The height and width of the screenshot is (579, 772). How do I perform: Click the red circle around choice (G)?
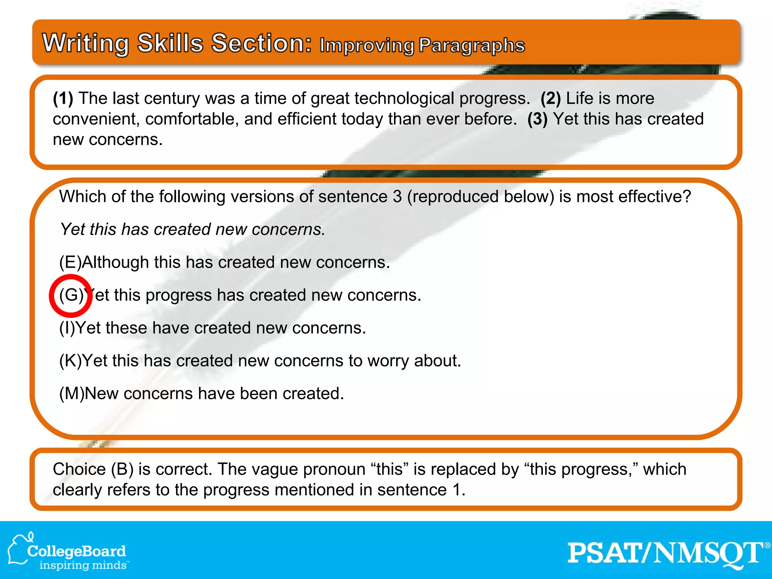pyautogui.click(x=70, y=296)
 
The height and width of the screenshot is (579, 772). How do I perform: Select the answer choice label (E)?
pyautogui.click(x=70, y=262)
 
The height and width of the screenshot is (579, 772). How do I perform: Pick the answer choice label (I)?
pyautogui.click(x=67, y=328)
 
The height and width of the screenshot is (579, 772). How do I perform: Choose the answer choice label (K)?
pyautogui.click(x=70, y=361)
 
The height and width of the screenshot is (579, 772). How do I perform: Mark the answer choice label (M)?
pyautogui.click(x=71, y=394)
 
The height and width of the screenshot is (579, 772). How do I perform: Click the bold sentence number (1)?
pyautogui.click(x=63, y=98)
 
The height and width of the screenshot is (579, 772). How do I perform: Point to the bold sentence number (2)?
pyautogui.click(x=551, y=98)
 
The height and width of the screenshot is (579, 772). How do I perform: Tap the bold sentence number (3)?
pyautogui.click(x=537, y=119)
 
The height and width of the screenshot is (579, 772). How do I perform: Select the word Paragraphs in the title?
pyautogui.click(x=472, y=46)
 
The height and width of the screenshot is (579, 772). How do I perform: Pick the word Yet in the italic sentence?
pyautogui.click(x=72, y=230)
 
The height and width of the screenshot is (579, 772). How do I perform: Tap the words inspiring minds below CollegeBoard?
pyautogui.click(x=83, y=565)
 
